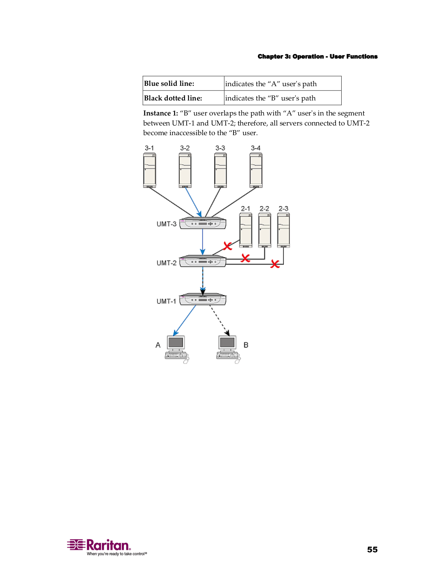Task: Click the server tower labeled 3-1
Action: [149, 170]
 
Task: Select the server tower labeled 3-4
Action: [256, 170]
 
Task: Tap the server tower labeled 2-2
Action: [265, 230]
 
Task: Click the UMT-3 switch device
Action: [203, 223]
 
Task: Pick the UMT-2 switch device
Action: [203, 261]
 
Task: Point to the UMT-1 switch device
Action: [203, 300]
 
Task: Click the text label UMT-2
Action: [167, 263]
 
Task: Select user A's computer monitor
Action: [176, 343]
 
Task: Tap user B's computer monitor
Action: [227, 343]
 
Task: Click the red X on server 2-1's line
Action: [227, 246]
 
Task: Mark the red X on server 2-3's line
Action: [275, 264]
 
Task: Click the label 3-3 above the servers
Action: [220, 148]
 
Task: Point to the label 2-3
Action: [283, 208]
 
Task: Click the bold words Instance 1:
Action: [160, 113]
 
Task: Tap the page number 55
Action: [372, 549]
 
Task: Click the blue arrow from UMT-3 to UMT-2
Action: [203, 242]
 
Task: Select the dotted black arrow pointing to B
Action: [219, 320]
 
